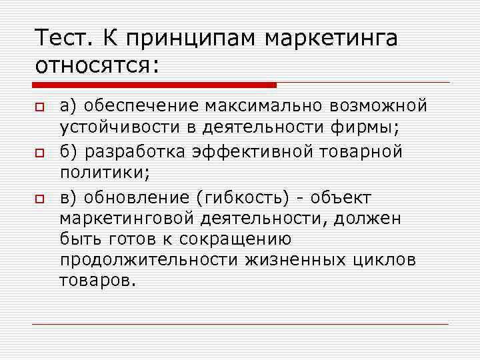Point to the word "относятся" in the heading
coord(93,67)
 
